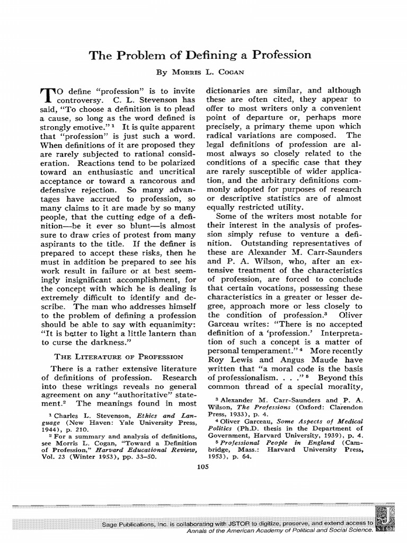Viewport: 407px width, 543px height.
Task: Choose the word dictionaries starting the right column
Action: [231, 90]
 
